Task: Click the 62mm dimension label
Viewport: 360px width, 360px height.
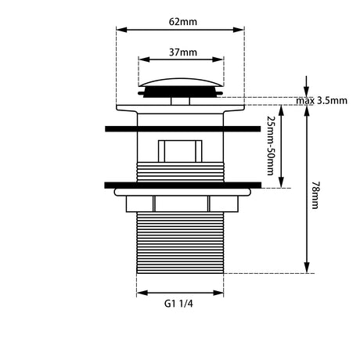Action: click(183, 22)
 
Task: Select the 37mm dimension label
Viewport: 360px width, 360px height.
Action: click(183, 52)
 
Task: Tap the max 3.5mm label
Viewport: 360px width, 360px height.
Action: click(322, 101)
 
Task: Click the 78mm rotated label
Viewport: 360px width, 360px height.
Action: click(315, 196)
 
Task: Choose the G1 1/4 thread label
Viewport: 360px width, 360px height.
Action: click(178, 304)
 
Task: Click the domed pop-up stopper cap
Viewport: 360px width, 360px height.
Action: click(181, 82)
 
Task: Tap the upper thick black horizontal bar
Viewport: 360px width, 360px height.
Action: click(183, 129)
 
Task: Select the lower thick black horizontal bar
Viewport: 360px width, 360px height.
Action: click(183, 185)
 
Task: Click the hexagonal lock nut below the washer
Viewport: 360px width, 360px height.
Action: click(182, 203)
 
